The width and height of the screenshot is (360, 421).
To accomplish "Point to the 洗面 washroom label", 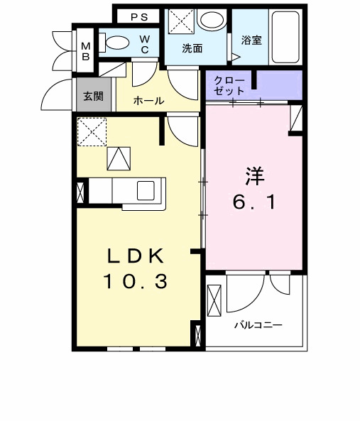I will pos(192,49).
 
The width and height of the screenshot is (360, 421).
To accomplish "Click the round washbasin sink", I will pos(210,20).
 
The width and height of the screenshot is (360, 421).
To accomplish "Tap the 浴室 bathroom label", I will pos(251,40).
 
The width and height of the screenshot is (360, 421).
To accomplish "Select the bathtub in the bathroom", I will pos(287,36).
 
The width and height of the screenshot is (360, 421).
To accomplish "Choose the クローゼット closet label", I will pos(230,86).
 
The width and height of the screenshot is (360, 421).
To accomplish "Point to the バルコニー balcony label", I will pos(258,326).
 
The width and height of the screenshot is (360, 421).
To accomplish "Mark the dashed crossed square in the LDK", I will pos(92,131).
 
